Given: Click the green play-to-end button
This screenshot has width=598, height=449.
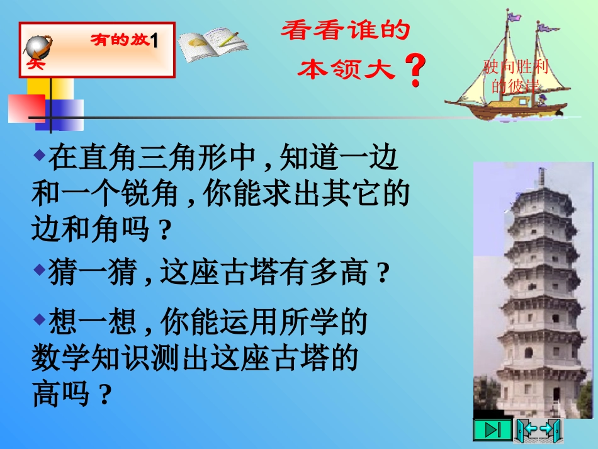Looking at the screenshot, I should pos(493,430).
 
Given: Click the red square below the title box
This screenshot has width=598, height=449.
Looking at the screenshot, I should pos(26,108).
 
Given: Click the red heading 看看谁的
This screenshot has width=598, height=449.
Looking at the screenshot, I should pos(345,31).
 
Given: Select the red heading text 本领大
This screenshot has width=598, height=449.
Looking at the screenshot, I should pos(346,69).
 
